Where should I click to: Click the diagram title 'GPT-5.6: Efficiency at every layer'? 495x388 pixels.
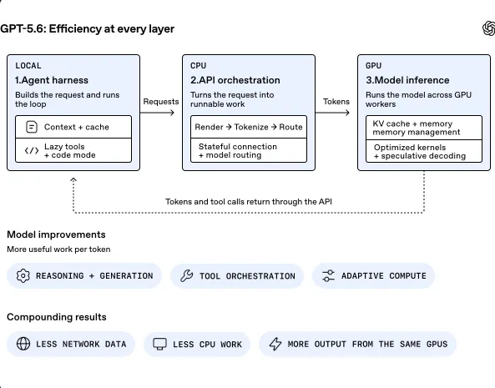[x=87, y=28]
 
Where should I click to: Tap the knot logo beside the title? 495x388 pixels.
[x=488, y=28]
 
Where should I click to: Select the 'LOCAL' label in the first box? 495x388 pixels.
[x=28, y=66]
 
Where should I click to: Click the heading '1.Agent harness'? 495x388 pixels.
[x=52, y=80]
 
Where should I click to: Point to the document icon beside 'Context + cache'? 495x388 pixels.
[x=32, y=127]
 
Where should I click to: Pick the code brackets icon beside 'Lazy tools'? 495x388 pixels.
[x=32, y=150]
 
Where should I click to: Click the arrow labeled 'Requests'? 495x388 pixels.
[x=157, y=113]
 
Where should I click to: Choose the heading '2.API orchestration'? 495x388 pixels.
[x=235, y=80]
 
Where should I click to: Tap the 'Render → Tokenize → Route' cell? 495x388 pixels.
[x=249, y=127]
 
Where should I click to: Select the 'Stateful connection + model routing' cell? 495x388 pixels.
[x=249, y=150]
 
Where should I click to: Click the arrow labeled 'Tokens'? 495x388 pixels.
[x=332, y=113]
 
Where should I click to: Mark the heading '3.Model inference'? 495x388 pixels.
[x=407, y=80]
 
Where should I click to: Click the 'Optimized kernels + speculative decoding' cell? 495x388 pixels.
[x=424, y=151]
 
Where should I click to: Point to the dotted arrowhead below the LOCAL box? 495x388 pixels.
[x=73, y=179]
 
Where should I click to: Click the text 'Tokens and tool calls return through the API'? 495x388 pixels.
[x=249, y=202]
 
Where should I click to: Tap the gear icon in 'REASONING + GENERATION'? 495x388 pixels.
[x=23, y=275]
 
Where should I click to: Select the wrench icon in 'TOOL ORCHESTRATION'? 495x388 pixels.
[x=187, y=275]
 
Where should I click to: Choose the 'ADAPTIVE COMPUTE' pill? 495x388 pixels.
[x=373, y=275]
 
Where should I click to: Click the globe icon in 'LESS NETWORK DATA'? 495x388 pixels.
[x=23, y=344]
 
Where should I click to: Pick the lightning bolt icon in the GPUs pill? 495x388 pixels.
[x=275, y=344]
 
